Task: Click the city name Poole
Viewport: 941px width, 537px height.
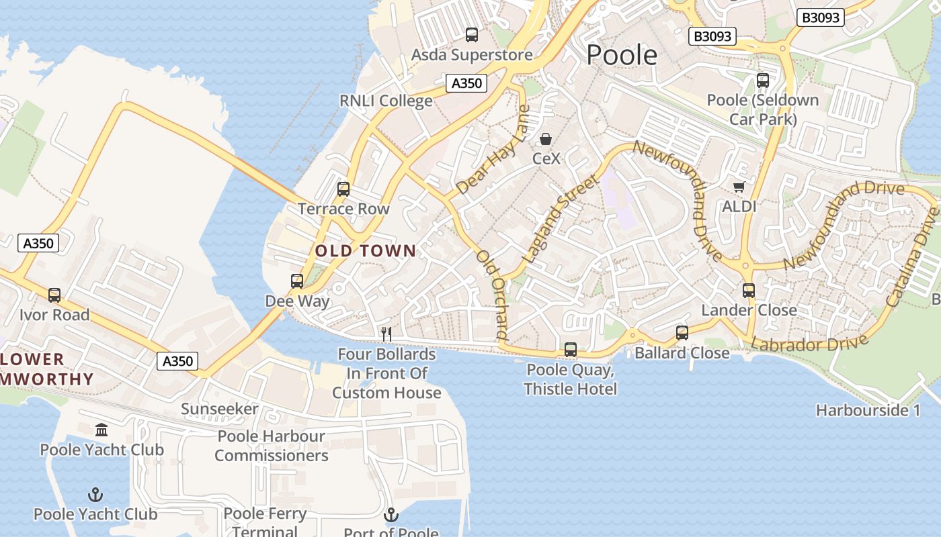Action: [x=622, y=55]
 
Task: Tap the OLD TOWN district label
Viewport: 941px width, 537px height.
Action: [x=366, y=251]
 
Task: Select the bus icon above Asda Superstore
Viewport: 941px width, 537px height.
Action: [x=472, y=35]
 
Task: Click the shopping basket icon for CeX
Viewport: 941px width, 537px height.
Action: [x=546, y=140]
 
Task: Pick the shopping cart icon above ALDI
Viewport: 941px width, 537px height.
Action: [x=739, y=187]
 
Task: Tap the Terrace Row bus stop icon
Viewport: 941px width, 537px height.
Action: [x=343, y=189]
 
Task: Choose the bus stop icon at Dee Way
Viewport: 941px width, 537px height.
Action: [x=297, y=281]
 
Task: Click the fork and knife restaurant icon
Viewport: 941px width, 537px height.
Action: [x=386, y=333]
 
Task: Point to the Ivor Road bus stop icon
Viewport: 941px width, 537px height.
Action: [x=54, y=295]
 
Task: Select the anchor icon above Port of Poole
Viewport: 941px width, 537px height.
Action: [x=391, y=515]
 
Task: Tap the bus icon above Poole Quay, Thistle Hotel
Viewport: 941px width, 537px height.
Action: [x=571, y=349]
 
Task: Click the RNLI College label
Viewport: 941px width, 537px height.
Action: [x=386, y=101]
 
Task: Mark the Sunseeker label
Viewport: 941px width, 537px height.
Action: [x=219, y=409]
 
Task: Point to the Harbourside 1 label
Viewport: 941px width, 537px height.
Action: [x=868, y=410]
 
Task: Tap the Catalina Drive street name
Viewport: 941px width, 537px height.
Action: [x=913, y=258]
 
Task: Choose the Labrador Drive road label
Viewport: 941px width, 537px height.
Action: [x=809, y=343]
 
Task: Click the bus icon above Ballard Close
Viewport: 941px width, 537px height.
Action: [x=682, y=332]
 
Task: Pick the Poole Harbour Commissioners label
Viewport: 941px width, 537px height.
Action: [x=272, y=446]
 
